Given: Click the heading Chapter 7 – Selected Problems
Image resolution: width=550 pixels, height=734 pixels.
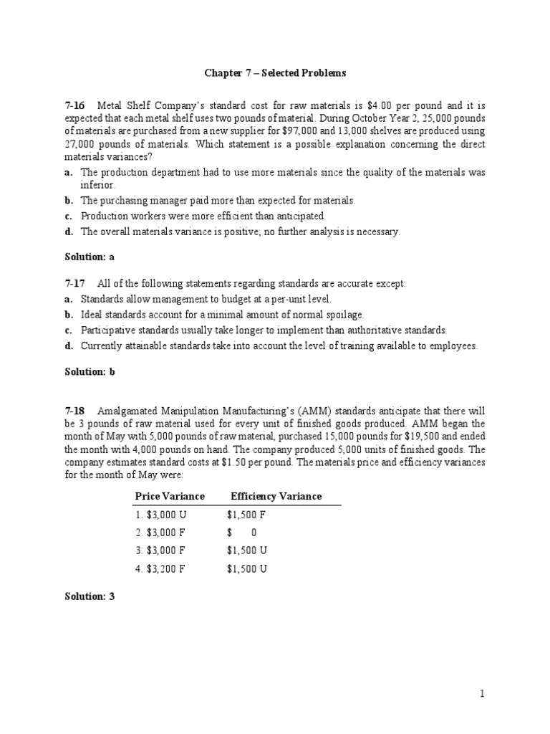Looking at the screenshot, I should click(x=276, y=73).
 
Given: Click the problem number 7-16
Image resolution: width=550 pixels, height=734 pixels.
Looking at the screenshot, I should click(x=75, y=106).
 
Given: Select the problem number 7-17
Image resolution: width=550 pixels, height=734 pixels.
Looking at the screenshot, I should click(x=75, y=284).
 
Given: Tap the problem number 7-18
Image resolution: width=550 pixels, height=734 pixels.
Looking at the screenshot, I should click(x=75, y=411).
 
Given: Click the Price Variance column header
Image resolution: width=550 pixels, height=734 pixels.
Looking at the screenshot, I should click(x=170, y=496).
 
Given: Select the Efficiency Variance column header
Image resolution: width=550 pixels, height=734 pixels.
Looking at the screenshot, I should click(x=276, y=496).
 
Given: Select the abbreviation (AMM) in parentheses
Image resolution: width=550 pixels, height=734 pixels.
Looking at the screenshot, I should click(x=326, y=411).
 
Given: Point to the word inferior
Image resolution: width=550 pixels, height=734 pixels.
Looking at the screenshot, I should click(x=97, y=185).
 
